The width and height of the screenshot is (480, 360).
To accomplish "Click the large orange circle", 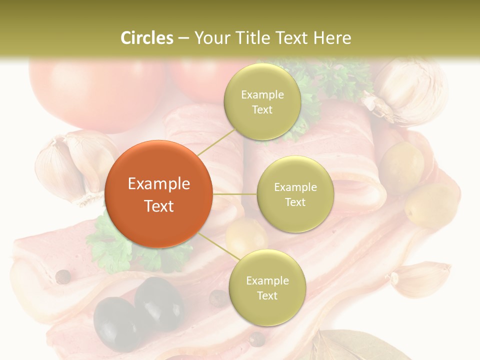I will pyautogui.click(x=158, y=194).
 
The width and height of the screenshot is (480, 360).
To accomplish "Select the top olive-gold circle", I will pyautogui.click(x=262, y=102).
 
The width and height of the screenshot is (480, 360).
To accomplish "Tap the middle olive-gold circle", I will pyautogui.click(x=295, y=194).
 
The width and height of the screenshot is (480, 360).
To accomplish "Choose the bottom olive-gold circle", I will pyautogui.click(x=267, y=287).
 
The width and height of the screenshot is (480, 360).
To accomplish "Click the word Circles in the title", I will pyautogui.click(x=146, y=38).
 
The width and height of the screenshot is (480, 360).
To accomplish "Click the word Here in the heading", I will pyautogui.click(x=332, y=38).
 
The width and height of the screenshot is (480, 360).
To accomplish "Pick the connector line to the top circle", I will pyautogui.click(x=216, y=141).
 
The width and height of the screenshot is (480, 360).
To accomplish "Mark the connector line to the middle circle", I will pyautogui.click(x=234, y=193).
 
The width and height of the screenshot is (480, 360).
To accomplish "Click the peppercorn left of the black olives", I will pyautogui.click(x=62, y=276).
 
